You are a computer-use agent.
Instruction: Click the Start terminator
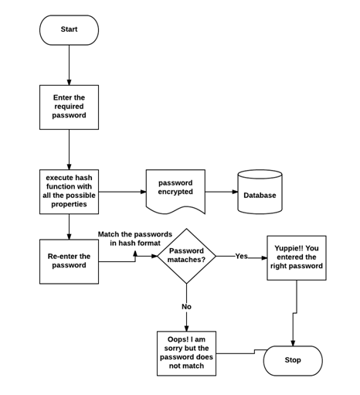[69, 30]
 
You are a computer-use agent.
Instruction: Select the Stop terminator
[293, 360]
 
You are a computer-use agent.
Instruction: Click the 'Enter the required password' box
[69, 107]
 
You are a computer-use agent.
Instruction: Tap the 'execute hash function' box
[69, 192]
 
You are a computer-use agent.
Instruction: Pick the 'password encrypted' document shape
[175, 190]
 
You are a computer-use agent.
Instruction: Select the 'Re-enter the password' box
[69, 261]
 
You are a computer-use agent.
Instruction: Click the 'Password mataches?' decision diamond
[186, 256]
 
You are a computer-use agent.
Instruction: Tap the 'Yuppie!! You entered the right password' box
[296, 257]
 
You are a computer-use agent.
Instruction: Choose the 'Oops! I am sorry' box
[186, 353]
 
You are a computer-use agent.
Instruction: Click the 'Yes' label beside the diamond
[241, 256]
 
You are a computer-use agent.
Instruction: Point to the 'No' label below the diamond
[186, 307]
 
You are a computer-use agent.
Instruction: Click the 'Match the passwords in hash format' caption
[135, 238]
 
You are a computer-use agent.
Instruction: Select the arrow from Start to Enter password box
[69, 65]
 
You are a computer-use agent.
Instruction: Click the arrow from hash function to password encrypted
[122, 192]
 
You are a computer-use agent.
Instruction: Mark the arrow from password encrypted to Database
[221, 192]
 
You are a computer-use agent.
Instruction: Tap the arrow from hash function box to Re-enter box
[69, 226]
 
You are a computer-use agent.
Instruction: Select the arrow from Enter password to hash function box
[69, 149]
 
